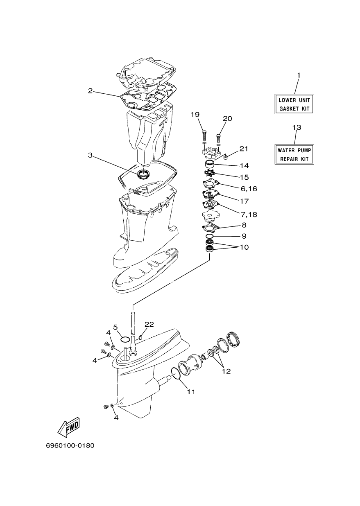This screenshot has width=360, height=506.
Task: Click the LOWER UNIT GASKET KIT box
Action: click(294, 104)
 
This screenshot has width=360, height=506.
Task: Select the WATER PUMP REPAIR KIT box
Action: click(294, 154)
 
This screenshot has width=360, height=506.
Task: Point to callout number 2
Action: click(90, 91)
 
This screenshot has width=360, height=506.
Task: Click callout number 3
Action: click(90, 156)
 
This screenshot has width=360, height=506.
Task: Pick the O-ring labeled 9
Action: click(210, 236)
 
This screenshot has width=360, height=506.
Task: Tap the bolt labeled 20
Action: click(218, 138)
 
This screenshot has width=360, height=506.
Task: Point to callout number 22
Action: click(149, 324)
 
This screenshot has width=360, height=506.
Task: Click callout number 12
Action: click(226, 371)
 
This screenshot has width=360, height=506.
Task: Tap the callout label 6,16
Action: click(249, 189)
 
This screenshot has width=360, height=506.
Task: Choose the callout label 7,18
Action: click(249, 215)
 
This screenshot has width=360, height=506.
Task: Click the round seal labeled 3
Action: click(143, 174)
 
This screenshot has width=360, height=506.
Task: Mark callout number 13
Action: click(297, 128)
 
